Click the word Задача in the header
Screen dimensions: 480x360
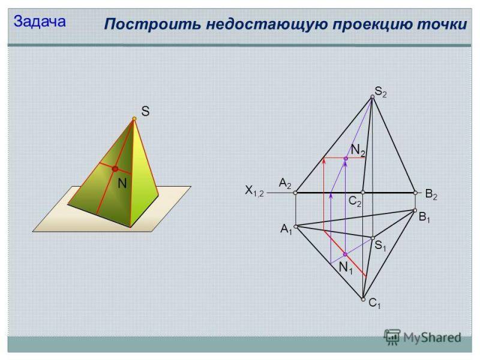[40, 22]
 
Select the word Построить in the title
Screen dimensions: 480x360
[152, 24]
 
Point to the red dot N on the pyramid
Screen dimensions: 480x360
[115, 169]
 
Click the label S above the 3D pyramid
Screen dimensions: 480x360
[145, 111]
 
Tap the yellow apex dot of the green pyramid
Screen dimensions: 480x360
[134, 118]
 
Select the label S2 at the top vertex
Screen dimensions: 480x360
[380, 92]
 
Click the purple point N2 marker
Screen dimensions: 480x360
[346, 158]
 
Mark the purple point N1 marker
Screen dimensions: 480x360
[346, 254]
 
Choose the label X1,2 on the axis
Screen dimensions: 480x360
[254, 191]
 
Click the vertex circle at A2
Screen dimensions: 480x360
[295, 193]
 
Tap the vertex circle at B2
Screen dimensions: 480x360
[415, 193]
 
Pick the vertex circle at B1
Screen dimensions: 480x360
[415, 211]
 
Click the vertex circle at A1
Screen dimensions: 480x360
[296, 227]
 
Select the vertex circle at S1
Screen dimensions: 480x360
[373, 238]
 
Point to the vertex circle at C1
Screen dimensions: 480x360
[363, 299]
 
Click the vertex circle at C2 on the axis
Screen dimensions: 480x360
[363, 193]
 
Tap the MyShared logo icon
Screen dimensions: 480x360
[392, 337]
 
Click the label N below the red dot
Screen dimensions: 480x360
[122, 184]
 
